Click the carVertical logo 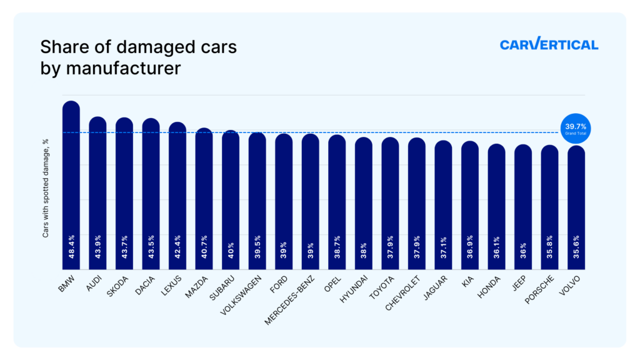[x=549, y=44]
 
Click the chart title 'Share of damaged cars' [x=138, y=47]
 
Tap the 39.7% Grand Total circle [x=575, y=129]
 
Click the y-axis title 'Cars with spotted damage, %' [x=46, y=188]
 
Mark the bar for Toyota [x=390, y=200]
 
